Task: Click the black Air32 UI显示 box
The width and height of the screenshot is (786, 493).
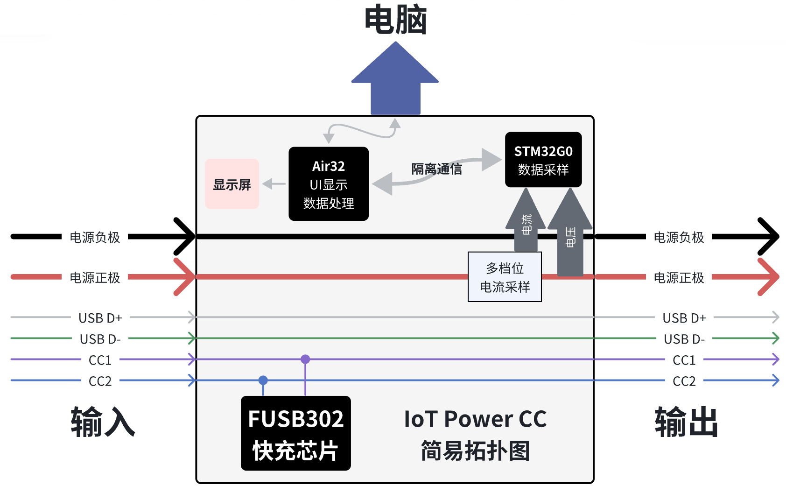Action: click(329, 184)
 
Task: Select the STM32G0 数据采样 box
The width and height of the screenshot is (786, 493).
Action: click(543, 160)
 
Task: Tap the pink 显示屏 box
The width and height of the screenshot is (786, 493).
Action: click(232, 184)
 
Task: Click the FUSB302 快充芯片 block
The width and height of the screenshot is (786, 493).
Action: click(295, 433)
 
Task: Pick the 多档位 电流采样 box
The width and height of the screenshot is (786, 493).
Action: click(505, 277)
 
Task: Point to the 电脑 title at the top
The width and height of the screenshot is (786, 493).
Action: click(395, 20)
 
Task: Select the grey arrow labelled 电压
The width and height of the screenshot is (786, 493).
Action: click(570, 233)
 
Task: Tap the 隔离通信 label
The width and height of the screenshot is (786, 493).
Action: click(436, 169)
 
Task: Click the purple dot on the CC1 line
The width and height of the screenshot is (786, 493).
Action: click(305, 359)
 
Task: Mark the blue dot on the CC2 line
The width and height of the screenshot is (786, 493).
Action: click(263, 380)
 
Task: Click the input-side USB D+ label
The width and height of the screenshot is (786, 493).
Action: click(100, 318)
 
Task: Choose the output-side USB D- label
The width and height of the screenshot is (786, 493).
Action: click(684, 339)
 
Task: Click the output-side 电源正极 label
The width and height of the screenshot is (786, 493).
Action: click(679, 278)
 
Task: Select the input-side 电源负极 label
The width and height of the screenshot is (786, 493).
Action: click(95, 237)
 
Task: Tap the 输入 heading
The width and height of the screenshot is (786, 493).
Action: click(103, 422)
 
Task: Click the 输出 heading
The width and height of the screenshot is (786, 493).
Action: click(686, 422)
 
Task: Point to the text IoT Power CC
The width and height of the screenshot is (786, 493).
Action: click(475, 419)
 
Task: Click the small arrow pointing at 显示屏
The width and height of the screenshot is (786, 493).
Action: click(274, 184)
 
